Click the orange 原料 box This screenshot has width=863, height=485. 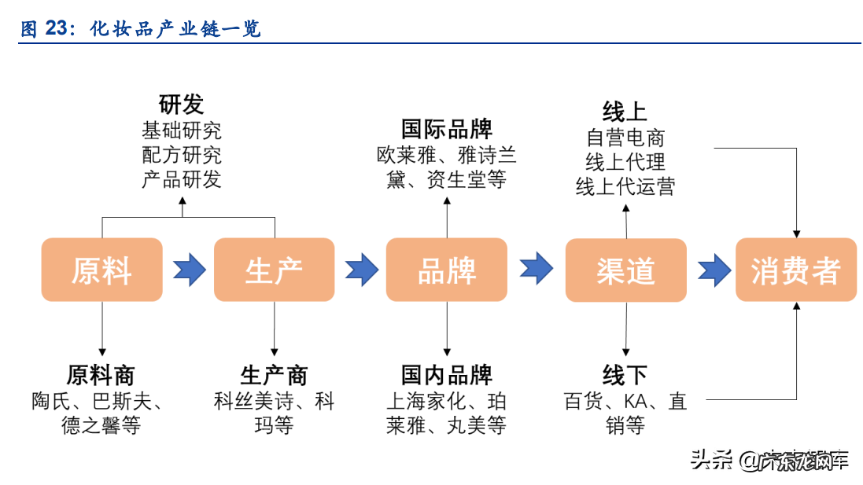101,270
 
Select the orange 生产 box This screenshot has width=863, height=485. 274,270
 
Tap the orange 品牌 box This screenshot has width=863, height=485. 446,270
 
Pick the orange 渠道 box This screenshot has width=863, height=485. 625,270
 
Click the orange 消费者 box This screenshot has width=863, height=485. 795,270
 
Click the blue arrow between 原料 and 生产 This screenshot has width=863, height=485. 189,270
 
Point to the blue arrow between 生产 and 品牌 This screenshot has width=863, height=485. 361,270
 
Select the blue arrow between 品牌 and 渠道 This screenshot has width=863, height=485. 536,269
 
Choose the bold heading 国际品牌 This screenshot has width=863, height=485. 446,128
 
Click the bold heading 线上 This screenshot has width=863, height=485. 625,111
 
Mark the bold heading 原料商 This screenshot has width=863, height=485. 101,374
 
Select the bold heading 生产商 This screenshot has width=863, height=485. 274,374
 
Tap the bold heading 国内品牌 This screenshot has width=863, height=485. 446,374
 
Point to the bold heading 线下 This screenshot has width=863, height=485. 625,374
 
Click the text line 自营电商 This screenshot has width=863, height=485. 625,138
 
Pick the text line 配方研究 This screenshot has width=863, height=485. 181,154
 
